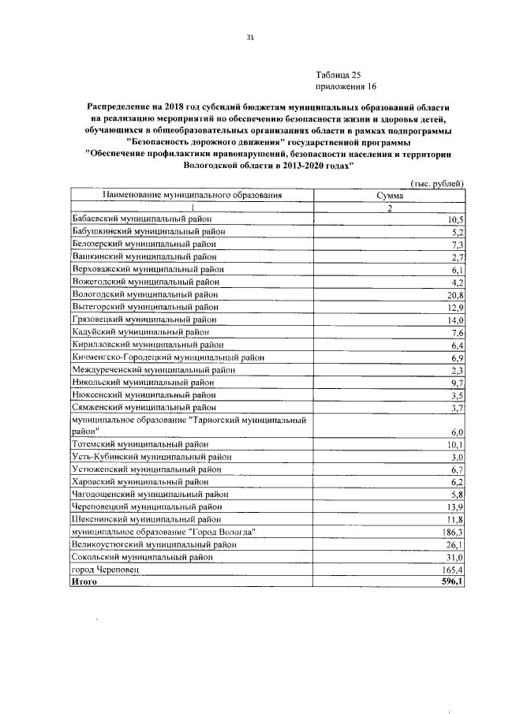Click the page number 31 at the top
[x=250, y=37]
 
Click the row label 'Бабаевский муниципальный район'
[x=142, y=219]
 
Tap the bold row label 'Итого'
[x=84, y=582]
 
